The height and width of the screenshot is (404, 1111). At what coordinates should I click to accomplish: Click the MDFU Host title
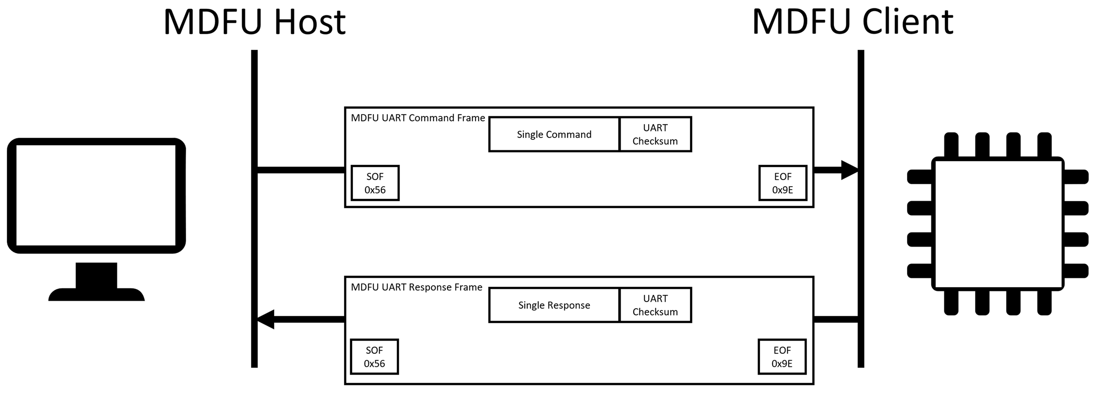[x=255, y=21]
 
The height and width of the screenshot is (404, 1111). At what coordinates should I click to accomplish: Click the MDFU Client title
[x=853, y=21]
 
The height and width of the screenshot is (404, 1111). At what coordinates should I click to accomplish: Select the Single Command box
[x=554, y=135]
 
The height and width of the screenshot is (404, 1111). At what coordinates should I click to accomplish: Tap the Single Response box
[x=554, y=305]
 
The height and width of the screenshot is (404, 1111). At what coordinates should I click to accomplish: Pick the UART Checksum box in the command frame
[x=655, y=135]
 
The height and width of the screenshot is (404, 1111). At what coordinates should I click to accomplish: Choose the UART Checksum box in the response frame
[x=655, y=305]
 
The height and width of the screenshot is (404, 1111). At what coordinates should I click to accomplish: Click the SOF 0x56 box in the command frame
[x=375, y=183]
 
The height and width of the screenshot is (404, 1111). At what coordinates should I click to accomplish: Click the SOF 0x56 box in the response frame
[x=374, y=357]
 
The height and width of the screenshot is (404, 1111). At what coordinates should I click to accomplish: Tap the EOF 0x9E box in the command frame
[x=783, y=183]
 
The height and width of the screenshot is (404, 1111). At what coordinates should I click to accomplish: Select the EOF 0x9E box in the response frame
[x=782, y=357]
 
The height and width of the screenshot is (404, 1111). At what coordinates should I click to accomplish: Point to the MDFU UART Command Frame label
[x=418, y=118]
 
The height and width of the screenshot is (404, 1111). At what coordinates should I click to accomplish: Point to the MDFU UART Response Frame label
[x=416, y=288]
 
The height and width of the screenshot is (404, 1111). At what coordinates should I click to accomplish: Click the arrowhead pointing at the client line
[x=850, y=170]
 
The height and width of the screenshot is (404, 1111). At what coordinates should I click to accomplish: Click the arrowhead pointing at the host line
[x=265, y=319]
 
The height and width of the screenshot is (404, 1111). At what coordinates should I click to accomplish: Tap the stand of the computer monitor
[x=96, y=282]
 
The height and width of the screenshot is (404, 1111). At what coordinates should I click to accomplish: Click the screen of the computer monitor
[x=96, y=195]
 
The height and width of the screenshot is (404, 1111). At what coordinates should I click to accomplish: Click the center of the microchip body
[x=998, y=224]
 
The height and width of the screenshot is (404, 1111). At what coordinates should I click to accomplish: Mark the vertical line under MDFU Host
[x=254, y=209]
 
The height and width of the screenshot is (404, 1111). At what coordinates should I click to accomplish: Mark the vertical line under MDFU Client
[x=861, y=209]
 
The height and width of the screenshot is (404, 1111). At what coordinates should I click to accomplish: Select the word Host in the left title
[x=310, y=21]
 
